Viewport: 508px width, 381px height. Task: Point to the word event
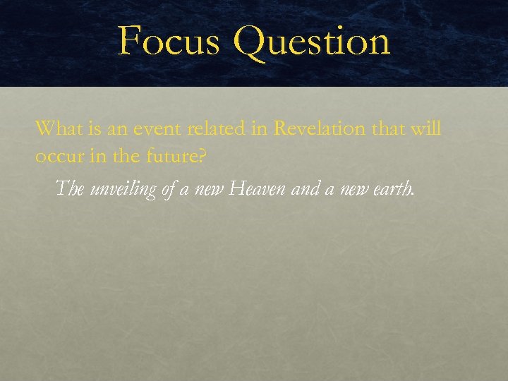pos(149,129)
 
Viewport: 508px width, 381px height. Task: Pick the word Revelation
pos(318,128)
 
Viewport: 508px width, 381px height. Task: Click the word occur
pos(59,156)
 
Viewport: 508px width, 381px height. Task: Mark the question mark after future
pos(203,156)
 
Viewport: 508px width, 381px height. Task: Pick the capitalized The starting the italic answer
pos(70,188)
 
